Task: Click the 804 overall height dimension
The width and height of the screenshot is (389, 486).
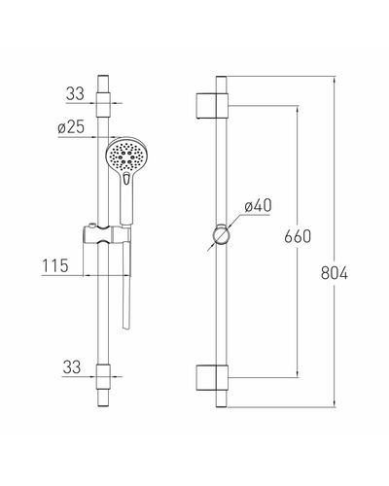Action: (x=335, y=273)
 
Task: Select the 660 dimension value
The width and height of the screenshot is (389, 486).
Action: (x=298, y=236)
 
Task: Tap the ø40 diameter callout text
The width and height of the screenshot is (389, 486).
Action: (x=258, y=206)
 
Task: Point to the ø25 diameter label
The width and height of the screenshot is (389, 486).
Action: (x=71, y=126)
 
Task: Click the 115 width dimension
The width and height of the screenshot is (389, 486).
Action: (x=55, y=265)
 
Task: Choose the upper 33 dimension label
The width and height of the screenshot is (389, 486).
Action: (x=75, y=93)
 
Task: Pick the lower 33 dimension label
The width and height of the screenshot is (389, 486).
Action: (x=72, y=367)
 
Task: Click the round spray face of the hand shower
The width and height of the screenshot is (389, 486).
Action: (x=124, y=155)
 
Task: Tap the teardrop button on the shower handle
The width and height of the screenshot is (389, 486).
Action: (x=126, y=179)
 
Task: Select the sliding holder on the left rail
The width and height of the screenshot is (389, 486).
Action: (x=107, y=233)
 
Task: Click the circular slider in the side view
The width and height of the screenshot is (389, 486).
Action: (x=221, y=234)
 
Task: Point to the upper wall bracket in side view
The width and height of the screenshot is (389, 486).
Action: (x=212, y=106)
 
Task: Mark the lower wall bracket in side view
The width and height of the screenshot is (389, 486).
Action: (x=212, y=378)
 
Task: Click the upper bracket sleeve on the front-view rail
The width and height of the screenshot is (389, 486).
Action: (x=103, y=104)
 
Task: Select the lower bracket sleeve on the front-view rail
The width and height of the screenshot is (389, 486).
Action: (x=103, y=377)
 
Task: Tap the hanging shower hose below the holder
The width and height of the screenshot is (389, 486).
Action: (x=126, y=285)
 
